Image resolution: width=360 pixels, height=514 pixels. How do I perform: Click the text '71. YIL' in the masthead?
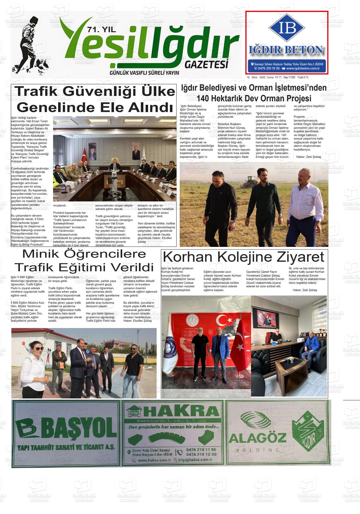(x=101, y=30)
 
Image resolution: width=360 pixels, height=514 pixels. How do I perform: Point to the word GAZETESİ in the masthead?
(x=206, y=64)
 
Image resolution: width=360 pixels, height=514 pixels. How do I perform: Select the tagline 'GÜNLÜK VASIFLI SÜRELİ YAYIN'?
(x=144, y=73)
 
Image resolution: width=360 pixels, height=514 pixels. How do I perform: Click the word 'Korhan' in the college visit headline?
(x=185, y=257)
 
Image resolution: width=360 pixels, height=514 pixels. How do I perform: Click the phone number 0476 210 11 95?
(x=201, y=449)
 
